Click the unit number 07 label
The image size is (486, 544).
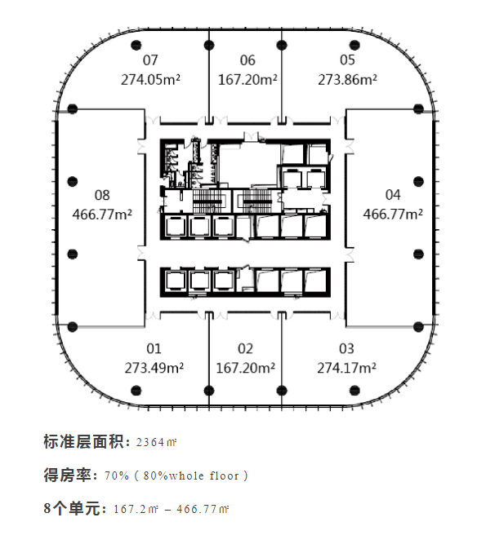coord(150,60)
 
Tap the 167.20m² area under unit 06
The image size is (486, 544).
coord(247,80)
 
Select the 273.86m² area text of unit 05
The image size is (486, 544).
coord(347,80)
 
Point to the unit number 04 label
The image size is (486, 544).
coord(393,195)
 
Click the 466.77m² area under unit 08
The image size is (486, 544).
coord(102,215)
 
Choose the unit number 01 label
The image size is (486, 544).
coord(154,349)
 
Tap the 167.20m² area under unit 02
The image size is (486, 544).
coord(246,368)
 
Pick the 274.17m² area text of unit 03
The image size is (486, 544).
coord(346,368)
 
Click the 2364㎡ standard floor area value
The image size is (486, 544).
coord(156,442)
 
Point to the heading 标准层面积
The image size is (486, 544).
coord(83,442)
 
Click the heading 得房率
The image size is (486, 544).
coord(68,475)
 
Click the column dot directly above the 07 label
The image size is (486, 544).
coord(136,45)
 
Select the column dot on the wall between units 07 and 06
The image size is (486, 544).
coord(209,45)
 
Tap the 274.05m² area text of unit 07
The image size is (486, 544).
coord(150,80)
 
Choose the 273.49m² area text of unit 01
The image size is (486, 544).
coord(154,368)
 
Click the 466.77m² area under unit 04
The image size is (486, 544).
coord(393,215)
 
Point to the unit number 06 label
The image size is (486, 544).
coord(247,60)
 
